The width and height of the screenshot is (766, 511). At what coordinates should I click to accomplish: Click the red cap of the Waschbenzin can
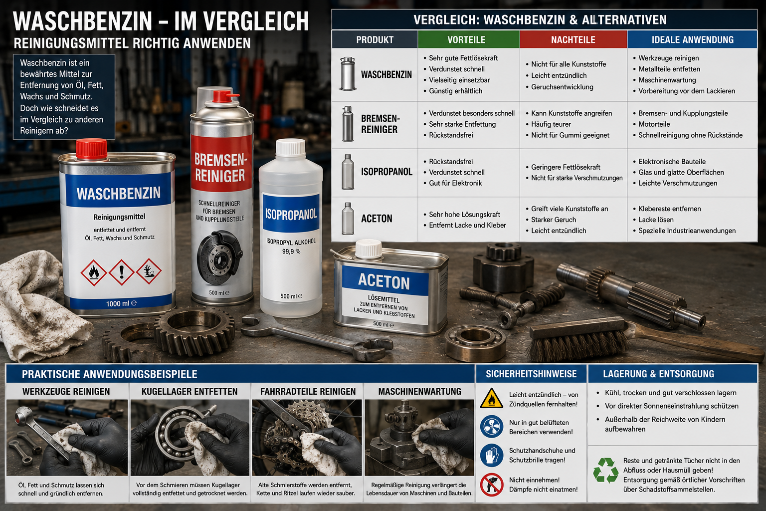click(x=91, y=150)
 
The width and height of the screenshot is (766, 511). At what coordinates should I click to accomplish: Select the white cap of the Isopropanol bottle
click(x=291, y=147)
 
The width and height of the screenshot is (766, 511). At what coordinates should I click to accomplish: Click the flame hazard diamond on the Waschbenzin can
click(x=94, y=273)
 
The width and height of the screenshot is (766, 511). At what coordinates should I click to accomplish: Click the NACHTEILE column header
click(x=573, y=40)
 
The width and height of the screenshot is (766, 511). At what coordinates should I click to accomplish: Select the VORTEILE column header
click(x=466, y=40)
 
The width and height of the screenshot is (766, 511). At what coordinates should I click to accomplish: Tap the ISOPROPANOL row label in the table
click(x=387, y=172)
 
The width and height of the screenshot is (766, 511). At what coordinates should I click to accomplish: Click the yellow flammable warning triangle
click(x=491, y=398)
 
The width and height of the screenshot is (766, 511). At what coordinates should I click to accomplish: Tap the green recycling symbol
click(x=605, y=470)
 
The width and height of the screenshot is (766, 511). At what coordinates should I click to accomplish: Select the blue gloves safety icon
click(x=491, y=455)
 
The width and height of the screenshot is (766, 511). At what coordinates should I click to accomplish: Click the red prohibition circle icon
click(x=491, y=485)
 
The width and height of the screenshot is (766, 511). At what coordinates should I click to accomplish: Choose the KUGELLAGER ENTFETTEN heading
click(x=190, y=392)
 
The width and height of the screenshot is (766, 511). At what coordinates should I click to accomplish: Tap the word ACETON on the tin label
click(x=383, y=282)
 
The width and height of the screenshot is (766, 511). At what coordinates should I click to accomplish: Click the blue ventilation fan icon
click(x=491, y=427)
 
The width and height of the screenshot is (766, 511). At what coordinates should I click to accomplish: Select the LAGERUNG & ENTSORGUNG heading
click(x=659, y=374)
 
